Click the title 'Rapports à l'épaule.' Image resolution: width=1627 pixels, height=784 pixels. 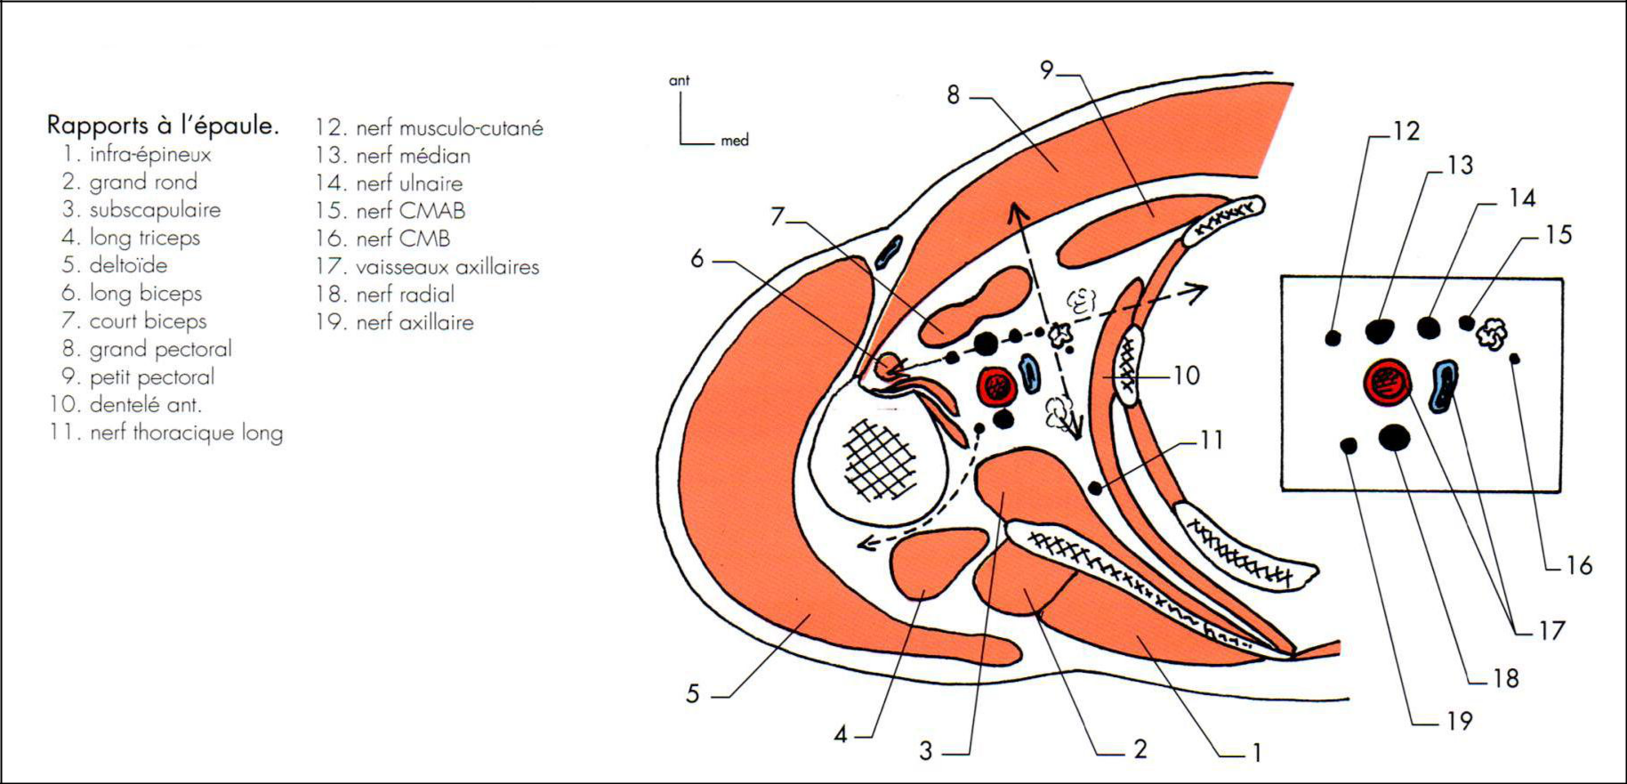tap(163, 125)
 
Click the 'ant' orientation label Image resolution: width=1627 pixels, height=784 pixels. tap(679, 81)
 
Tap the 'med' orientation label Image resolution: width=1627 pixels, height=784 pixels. tap(735, 141)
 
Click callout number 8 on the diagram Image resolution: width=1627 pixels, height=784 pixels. tap(953, 94)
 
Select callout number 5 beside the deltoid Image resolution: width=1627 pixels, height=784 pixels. tap(693, 694)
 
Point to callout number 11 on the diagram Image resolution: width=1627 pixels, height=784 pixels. tap(1211, 440)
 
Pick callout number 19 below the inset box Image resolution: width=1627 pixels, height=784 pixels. tap(1460, 721)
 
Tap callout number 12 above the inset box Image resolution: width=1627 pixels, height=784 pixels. tap(1406, 132)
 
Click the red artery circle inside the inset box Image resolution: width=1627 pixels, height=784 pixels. tap(1388, 383)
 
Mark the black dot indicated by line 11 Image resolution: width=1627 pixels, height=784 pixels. tap(1096, 488)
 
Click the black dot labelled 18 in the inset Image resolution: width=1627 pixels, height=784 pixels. tap(1394, 437)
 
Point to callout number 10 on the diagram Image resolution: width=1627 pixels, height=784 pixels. tap(1187, 376)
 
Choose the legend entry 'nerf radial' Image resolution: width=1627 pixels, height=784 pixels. tap(405, 295)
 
